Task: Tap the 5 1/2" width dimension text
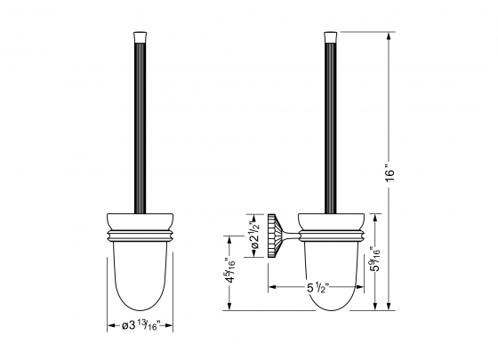(x=319, y=287)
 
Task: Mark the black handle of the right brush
(x=331, y=124)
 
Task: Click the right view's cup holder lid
(x=331, y=220)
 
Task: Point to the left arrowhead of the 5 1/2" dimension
(x=271, y=287)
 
